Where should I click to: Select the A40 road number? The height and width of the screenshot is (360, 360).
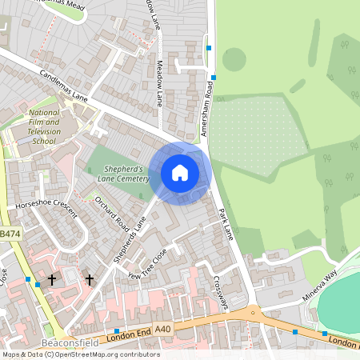point(163,329)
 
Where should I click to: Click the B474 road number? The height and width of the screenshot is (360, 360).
point(9,234)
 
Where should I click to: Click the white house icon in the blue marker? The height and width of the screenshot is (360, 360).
point(180,172)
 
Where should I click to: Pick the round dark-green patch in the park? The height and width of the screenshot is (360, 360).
point(234,58)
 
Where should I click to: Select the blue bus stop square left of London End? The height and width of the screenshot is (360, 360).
point(118,330)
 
